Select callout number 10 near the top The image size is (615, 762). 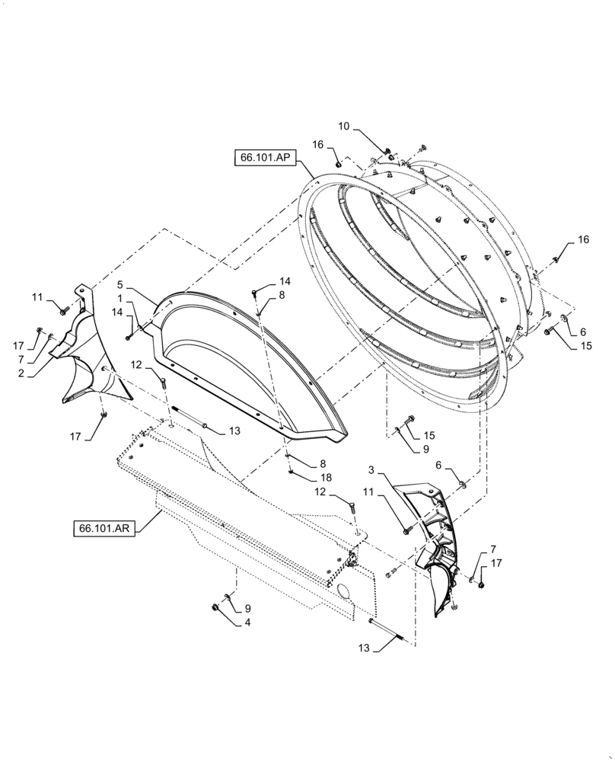(x=344, y=126)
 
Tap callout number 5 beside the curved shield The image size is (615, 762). (x=119, y=285)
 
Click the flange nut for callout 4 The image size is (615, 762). (x=215, y=607)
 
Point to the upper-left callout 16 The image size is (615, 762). (x=317, y=144)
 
